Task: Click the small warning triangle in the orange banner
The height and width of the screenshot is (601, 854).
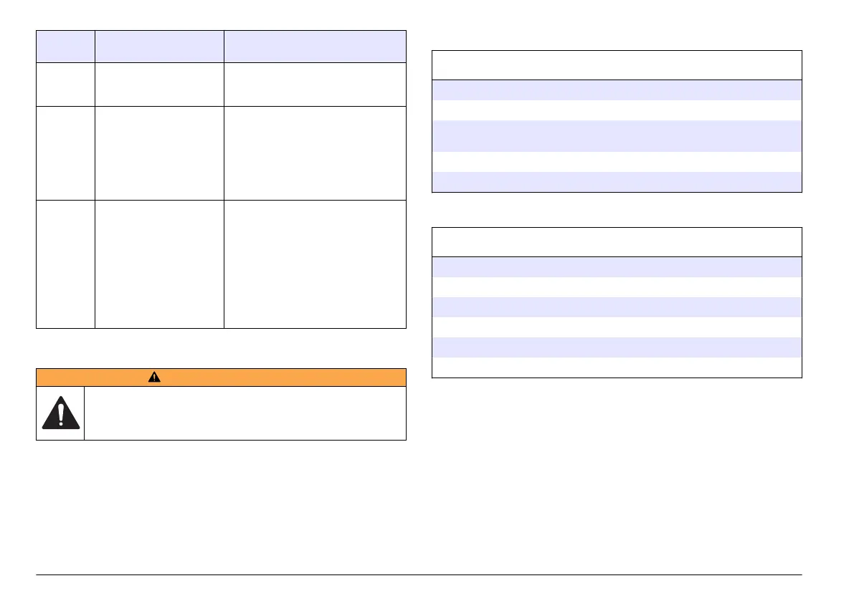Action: click(221, 378)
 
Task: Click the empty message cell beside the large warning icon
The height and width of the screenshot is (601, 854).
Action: click(245, 413)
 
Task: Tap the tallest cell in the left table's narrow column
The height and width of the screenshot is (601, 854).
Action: click(65, 264)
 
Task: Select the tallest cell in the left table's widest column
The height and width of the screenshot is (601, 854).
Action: click(315, 264)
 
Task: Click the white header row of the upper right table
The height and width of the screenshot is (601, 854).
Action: click(616, 64)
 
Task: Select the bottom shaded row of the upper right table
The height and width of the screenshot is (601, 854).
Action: click(616, 182)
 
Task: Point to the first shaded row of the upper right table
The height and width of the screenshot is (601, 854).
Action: click(616, 89)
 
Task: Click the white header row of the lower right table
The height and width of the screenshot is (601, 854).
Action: click(616, 242)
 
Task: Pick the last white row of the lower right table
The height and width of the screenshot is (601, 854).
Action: click(616, 367)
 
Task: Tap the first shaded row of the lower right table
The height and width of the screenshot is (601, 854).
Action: click(616, 266)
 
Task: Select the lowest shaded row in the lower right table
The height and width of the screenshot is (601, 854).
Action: click(616, 347)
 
